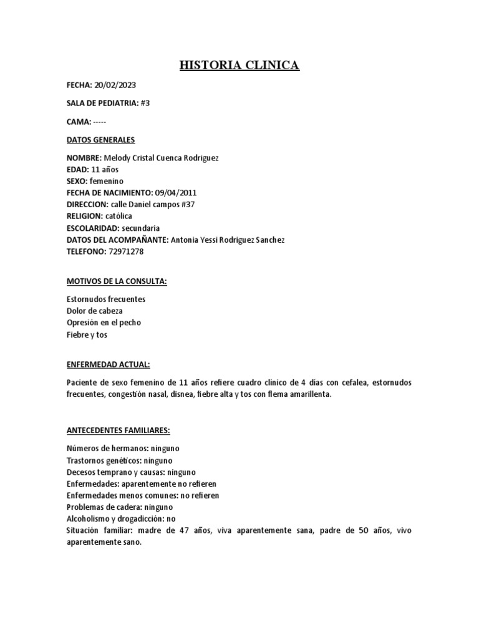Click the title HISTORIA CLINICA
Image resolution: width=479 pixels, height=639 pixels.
[239, 65]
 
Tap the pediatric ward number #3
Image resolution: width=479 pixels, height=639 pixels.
[145, 103]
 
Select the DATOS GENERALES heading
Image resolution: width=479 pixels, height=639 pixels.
[100, 140]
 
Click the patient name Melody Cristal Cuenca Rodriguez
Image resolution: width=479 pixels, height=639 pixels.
[160, 158]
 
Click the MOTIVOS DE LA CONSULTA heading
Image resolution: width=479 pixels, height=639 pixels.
[117, 281]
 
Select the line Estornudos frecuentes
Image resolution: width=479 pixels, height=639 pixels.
[106, 300]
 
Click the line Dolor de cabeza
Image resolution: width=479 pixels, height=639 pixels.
[95, 311]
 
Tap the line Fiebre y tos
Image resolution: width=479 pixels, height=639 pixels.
[87, 334]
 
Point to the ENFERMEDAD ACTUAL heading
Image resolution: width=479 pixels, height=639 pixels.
[108, 364]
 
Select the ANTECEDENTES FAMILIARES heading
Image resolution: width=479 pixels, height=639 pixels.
[119, 431]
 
